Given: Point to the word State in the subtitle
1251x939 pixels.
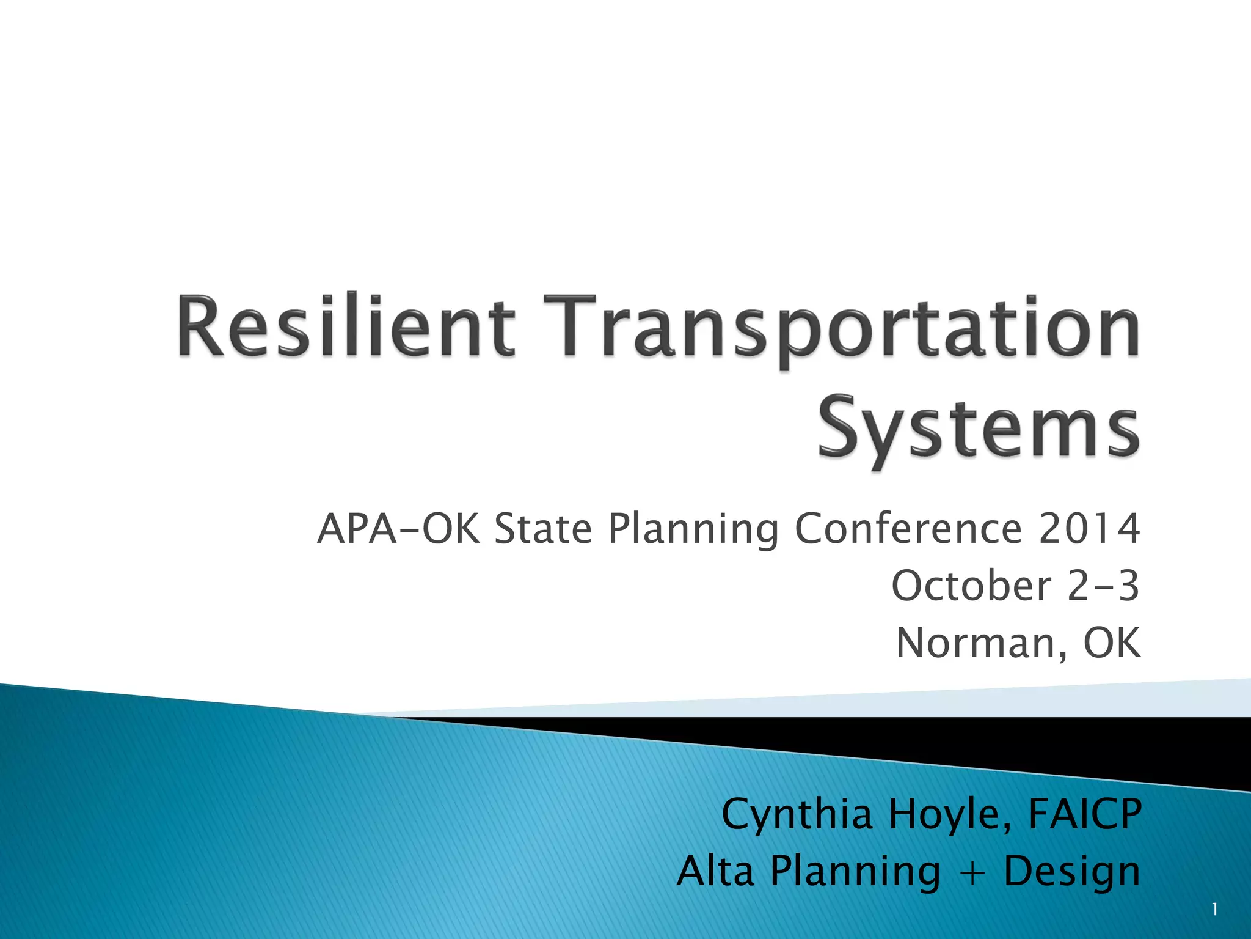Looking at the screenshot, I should (543, 529).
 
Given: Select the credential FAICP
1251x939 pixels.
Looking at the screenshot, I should (1085, 814).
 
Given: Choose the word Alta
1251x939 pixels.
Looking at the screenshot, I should (715, 871).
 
